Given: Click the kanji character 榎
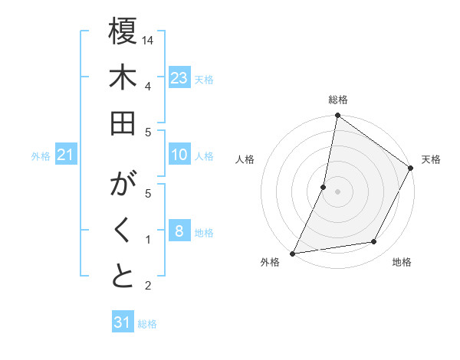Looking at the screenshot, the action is (x=123, y=33).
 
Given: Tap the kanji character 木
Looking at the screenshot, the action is (x=123, y=78).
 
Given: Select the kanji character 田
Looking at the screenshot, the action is (x=123, y=124).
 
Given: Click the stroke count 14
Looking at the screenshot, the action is (x=149, y=39).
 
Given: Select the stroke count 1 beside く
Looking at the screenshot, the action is (x=147, y=239).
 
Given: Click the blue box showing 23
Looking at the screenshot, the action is (x=179, y=78).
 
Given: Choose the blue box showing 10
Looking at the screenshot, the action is (x=179, y=155).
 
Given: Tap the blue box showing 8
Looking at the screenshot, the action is (x=179, y=231).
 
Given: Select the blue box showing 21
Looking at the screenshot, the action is (x=65, y=155).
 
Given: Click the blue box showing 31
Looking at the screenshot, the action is (x=123, y=322).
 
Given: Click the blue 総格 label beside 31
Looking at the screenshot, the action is (x=148, y=324).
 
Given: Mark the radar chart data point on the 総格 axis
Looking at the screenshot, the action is (x=337, y=116).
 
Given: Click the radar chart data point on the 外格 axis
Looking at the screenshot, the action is (x=293, y=253).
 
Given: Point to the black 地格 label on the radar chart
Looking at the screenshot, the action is (x=402, y=263).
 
